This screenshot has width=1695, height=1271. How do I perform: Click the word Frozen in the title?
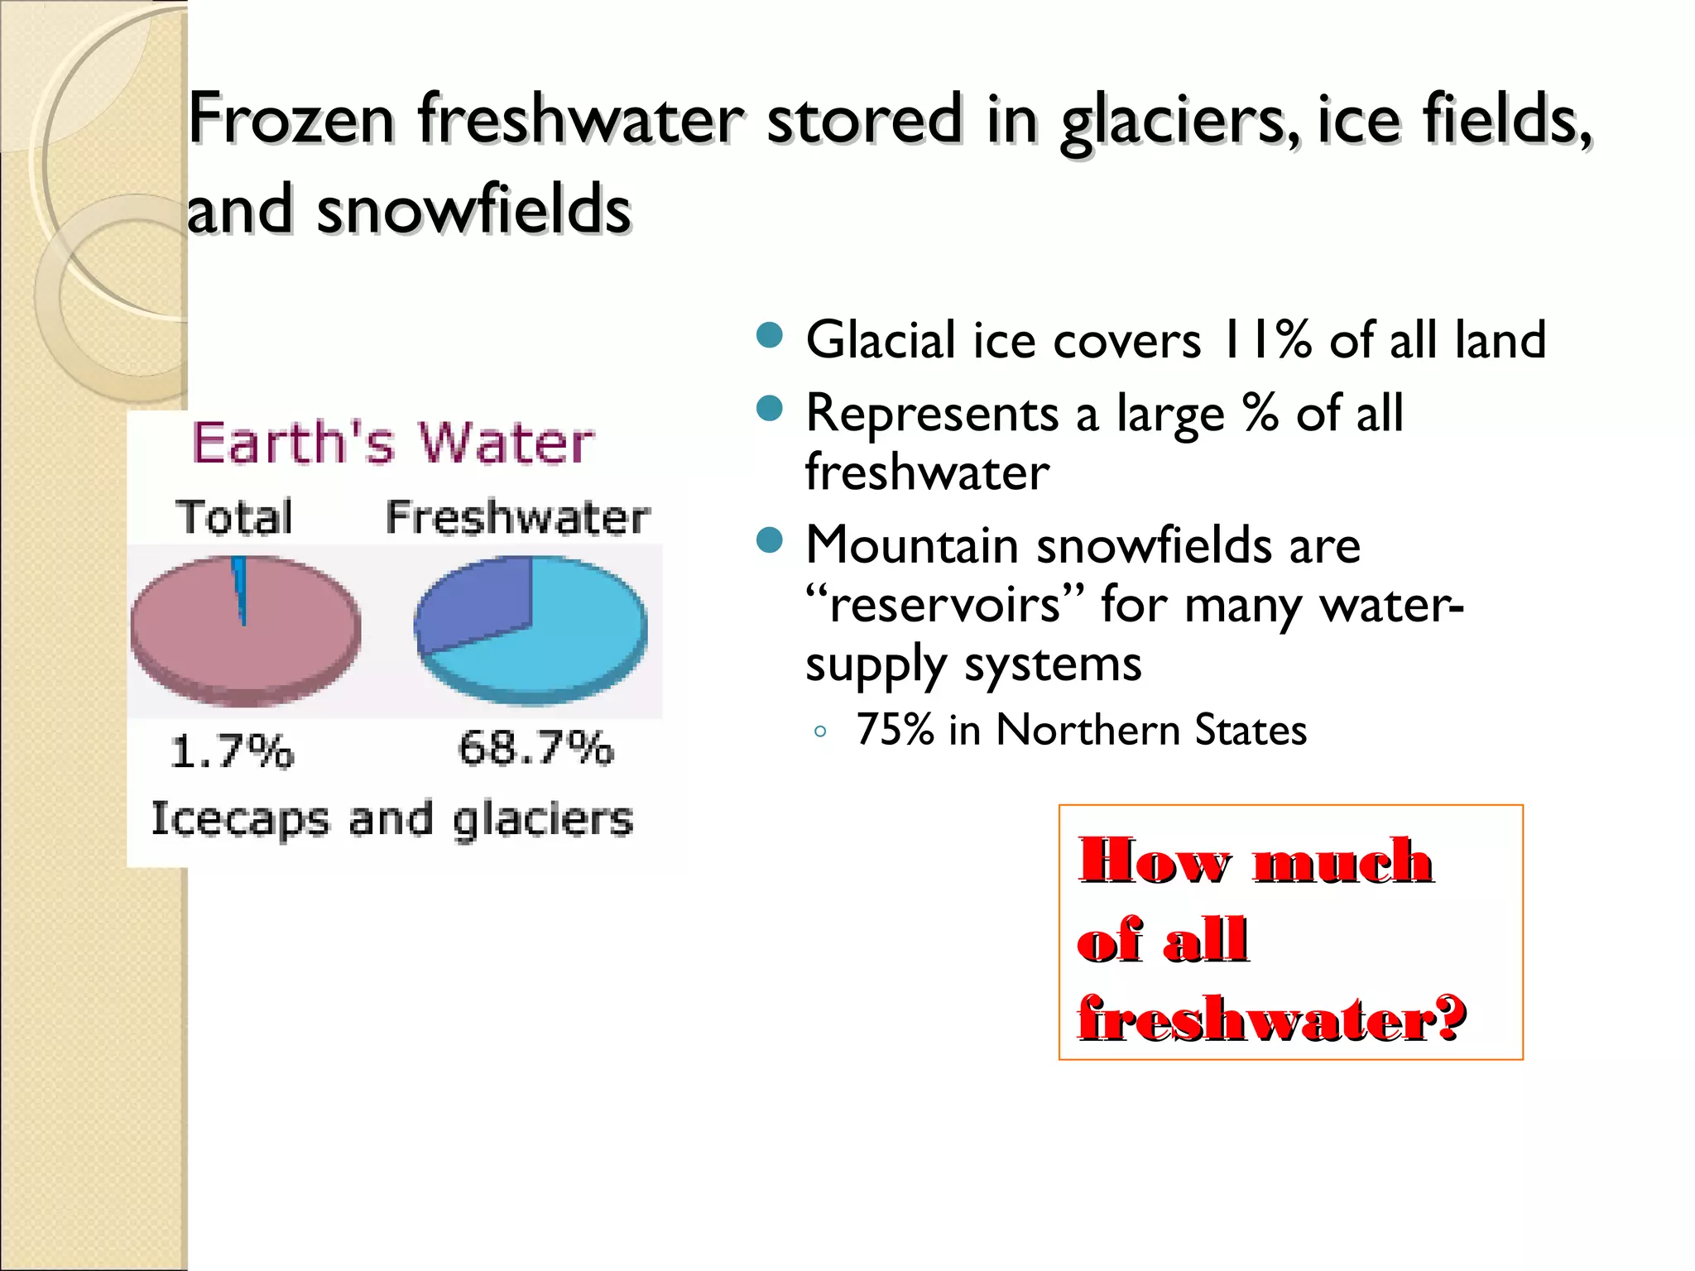[291, 120]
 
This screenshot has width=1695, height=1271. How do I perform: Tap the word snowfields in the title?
[473, 210]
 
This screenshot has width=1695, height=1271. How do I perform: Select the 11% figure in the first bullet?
[1265, 340]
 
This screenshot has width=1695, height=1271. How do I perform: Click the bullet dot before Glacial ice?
[770, 335]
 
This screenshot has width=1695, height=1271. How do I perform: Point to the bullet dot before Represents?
[770, 408]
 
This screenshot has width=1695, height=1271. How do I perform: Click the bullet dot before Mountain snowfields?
[770, 540]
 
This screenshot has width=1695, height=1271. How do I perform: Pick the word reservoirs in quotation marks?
[944, 605]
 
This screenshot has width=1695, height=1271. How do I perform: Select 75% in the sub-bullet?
[895, 730]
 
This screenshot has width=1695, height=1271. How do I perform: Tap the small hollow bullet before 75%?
[820, 731]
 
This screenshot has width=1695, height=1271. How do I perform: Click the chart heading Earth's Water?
[392, 443]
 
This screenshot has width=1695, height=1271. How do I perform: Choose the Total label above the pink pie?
[235, 517]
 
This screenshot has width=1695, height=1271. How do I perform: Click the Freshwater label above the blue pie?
[518, 518]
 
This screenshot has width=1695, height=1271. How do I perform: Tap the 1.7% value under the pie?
[232, 751]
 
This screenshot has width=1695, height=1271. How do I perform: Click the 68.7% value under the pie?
[535, 748]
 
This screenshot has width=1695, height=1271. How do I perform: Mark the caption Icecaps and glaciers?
[391, 819]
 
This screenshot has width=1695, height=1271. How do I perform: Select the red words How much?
[1256, 861]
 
